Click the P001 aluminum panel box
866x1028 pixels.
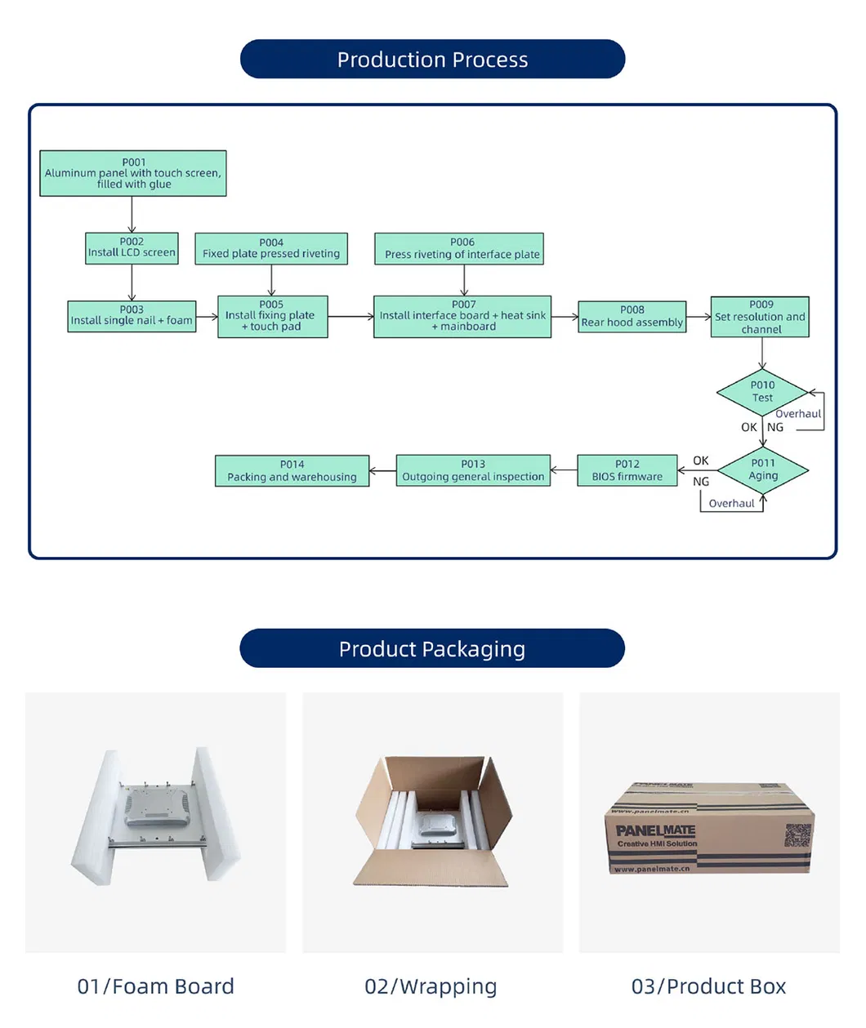coord(133,173)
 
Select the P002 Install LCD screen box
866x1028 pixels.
coord(132,247)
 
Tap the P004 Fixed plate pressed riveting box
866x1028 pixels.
coord(271,248)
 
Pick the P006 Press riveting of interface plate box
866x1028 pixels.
coord(462,248)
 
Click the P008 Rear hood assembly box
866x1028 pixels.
coord(632,316)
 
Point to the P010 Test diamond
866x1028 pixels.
coord(761,392)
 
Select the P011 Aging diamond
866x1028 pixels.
coord(763,469)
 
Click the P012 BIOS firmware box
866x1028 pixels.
coord(627,470)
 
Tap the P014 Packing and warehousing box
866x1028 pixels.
coord(292,471)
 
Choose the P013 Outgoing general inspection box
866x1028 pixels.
coord(473,470)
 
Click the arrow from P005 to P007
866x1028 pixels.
coord(350,317)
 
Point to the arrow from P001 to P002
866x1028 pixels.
coord(132,215)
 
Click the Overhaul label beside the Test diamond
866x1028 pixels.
coord(797,414)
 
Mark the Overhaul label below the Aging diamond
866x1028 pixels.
coord(731,504)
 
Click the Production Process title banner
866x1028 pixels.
coord(432,60)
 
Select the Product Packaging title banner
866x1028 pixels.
coord(432,649)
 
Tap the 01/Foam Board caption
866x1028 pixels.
coord(155,986)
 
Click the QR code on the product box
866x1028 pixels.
coord(798,835)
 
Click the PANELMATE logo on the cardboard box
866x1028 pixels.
coord(655,830)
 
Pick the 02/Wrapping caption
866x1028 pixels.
coord(431,986)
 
